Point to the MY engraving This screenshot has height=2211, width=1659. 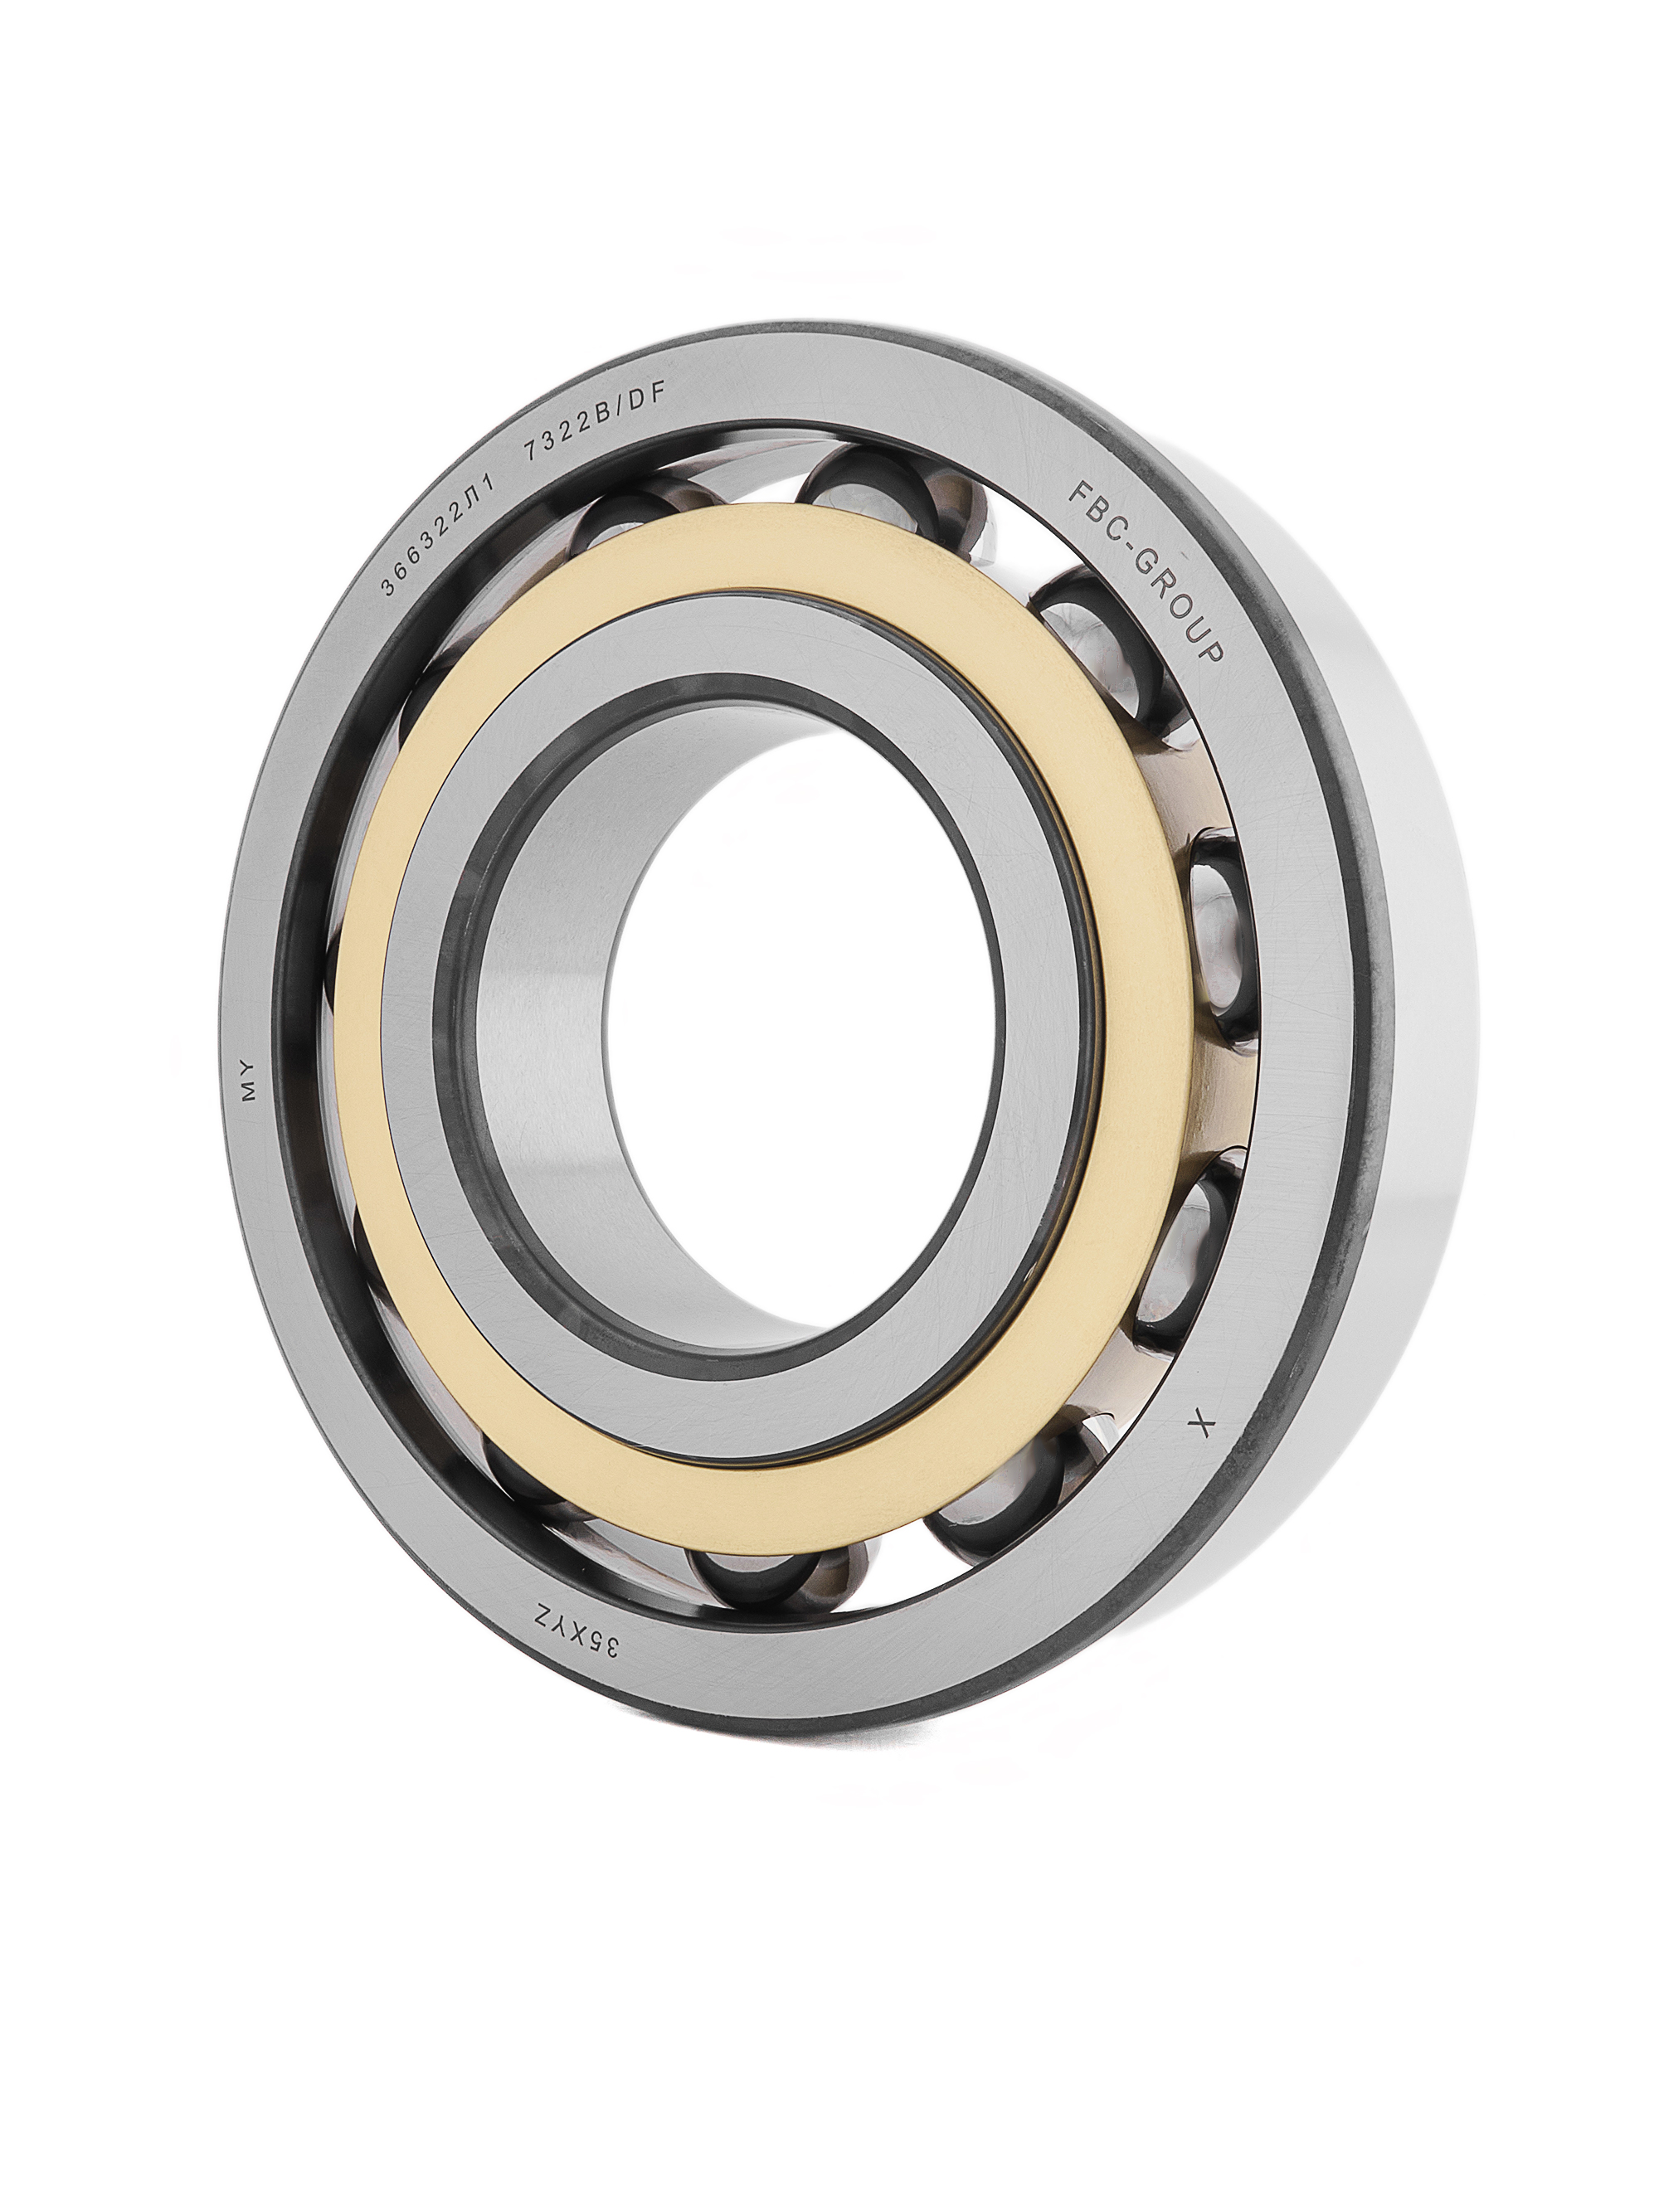point(248,1081)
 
